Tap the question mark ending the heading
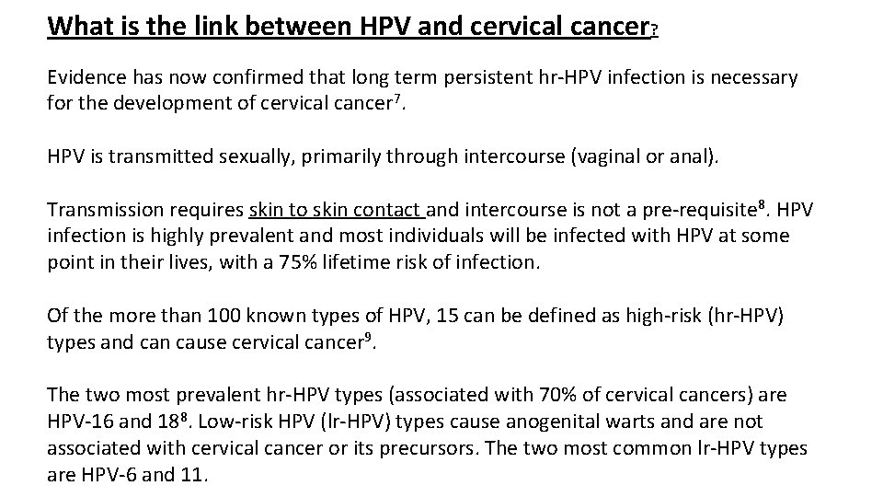[653, 30]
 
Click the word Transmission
[103, 208]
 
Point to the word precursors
[475, 448]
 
